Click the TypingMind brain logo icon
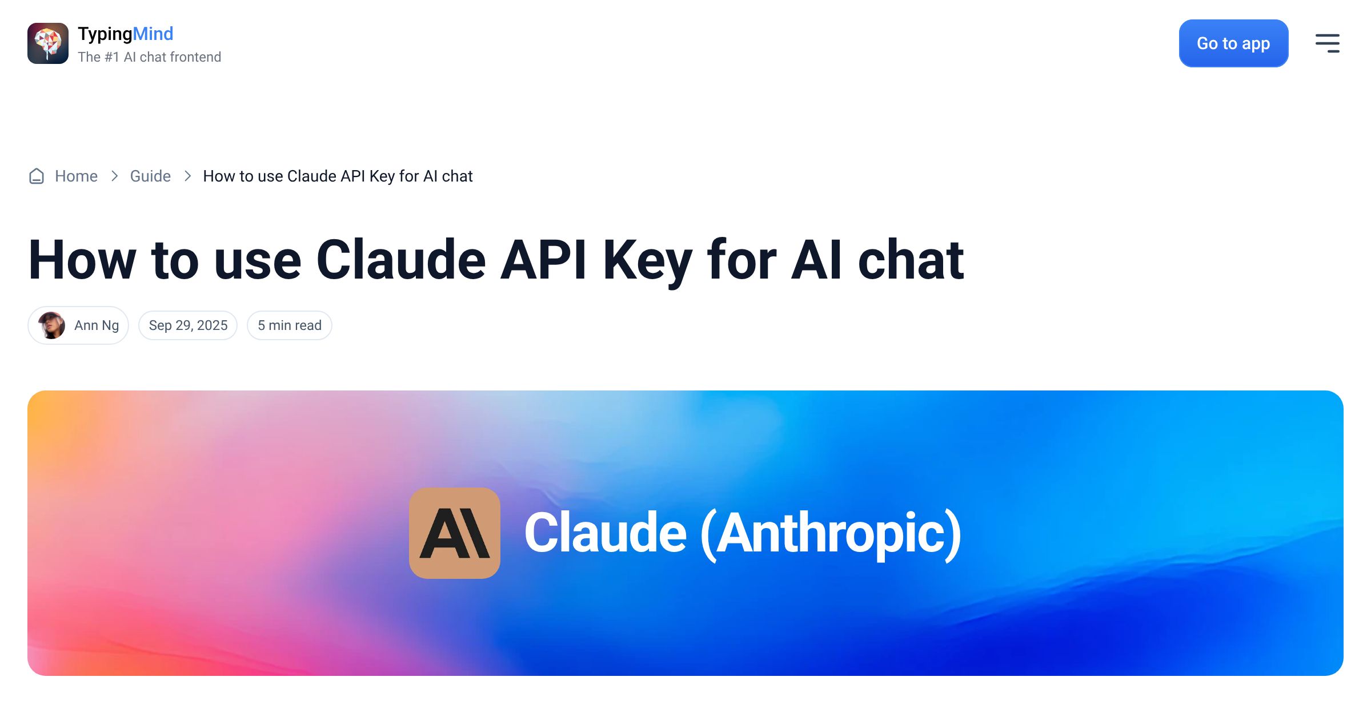click(48, 43)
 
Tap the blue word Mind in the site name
click(153, 34)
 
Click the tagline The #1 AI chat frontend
click(150, 57)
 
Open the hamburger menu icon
click(1328, 43)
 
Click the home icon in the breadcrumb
click(37, 176)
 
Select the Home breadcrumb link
click(76, 176)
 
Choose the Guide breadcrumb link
click(150, 176)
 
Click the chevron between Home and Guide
click(114, 176)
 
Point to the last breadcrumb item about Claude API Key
click(338, 176)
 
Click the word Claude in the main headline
click(401, 260)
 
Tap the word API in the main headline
click(543, 260)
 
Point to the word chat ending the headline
click(911, 260)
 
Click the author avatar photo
click(51, 325)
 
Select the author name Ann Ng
click(97, 325)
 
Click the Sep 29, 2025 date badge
click(188, 325)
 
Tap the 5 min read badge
click(290, 325)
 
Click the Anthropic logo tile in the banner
click(455, 533)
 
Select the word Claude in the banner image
click(606, 533)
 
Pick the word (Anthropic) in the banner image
click(831, 534)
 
